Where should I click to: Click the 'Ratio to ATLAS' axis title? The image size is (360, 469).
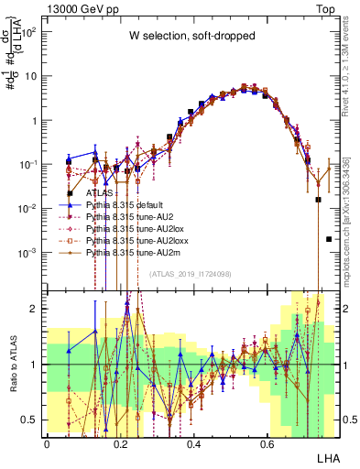tap(13, 365)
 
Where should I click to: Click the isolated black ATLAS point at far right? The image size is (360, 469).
tap(328, 239)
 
